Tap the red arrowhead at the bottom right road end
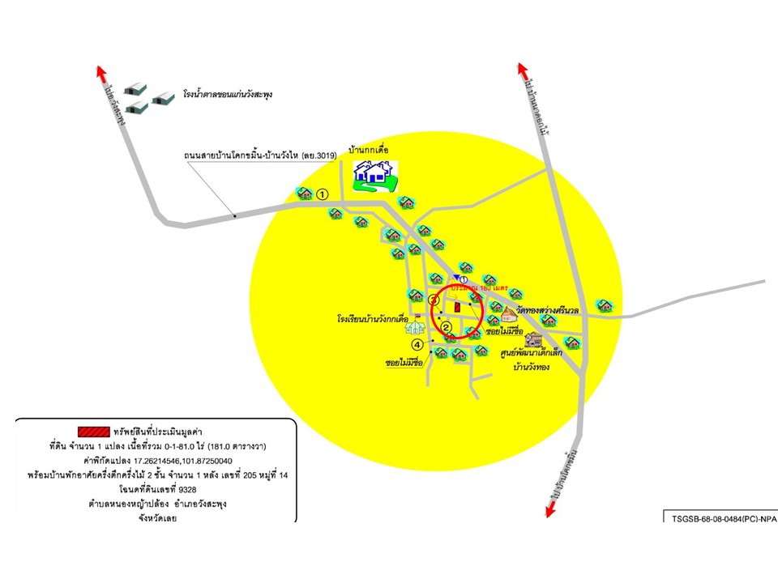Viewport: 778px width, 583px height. [x=552, y=507]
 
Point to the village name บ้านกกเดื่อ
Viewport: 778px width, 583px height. [x=370, y=151]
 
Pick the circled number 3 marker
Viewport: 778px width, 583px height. [x=434, y=300]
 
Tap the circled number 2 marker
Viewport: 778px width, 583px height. [x=446, y=327]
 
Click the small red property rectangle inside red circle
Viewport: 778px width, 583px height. [x=456, y=308]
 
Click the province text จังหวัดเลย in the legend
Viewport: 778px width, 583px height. [x=156, y=518]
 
